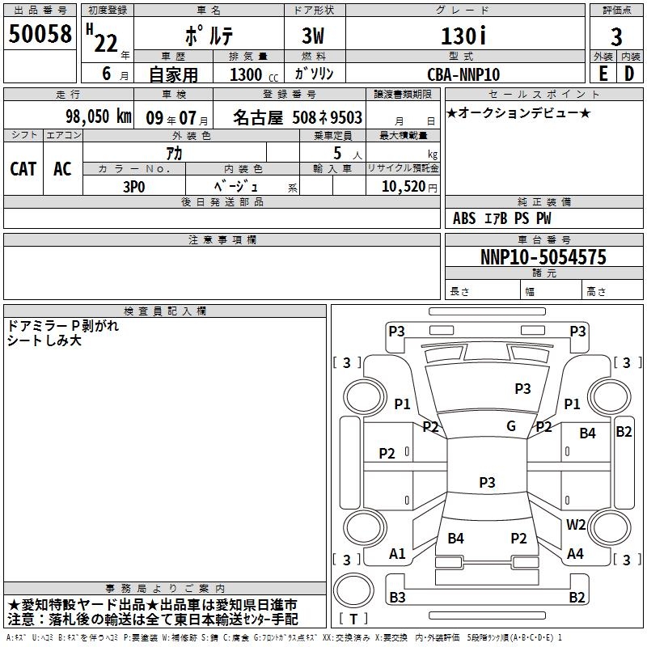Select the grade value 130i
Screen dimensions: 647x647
463,36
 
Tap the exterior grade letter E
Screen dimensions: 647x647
602,74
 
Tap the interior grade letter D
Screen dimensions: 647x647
629,74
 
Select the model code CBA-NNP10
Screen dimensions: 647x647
463,74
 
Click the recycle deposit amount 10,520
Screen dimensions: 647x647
403,186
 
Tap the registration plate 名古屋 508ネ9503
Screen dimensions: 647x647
297,117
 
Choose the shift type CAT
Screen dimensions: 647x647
23,168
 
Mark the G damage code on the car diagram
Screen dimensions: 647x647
510,426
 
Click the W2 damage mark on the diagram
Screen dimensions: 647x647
576,524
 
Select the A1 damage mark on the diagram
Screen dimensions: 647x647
397,554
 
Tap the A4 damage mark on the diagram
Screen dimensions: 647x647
575,554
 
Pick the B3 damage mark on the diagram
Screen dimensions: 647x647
397,598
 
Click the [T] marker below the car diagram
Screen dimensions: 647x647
353,620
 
